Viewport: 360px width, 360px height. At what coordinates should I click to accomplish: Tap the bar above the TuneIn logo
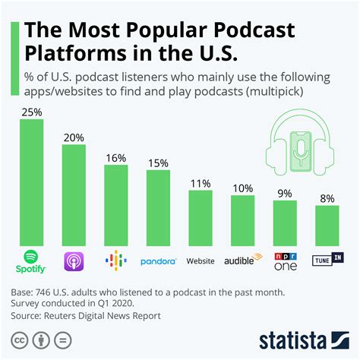[x=327, y=224]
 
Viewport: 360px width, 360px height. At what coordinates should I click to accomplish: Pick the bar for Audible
[x=243, y=219]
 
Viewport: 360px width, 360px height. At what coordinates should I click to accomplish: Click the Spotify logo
[x=31, y=261]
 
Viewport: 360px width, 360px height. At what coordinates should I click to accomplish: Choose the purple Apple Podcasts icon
[x=74, y=261]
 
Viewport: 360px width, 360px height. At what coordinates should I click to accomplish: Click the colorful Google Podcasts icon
[x=115, y=261]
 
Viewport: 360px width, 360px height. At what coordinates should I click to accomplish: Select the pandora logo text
[x=158, y=261]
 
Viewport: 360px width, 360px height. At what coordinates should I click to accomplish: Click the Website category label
[x=201, y=261]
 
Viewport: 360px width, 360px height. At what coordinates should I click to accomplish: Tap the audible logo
[x=242, y=261]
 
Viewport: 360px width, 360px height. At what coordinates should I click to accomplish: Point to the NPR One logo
[x=285, y=260]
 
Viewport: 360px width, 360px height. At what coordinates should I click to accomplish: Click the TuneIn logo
[x=327, y=261]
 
